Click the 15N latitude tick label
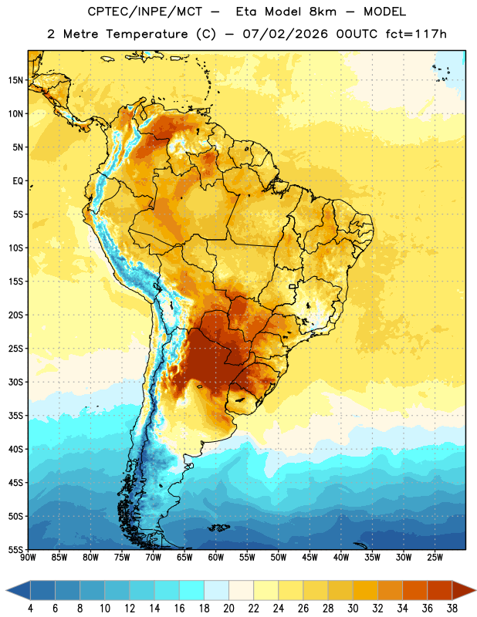coord(15,80)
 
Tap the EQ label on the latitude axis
coord(18,181)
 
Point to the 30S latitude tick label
coord(15,382)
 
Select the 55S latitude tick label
coord(15,549)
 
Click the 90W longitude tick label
coord(28,558)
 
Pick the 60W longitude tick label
coord(216,558)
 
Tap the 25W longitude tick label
coord(435,558)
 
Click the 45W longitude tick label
coord(310,558)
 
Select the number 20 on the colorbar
coord(228,609)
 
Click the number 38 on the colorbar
coord(452,609)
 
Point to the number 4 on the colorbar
coord(30,609)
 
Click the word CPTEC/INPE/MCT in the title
coord(144,12)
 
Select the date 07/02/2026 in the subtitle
coord(285,34)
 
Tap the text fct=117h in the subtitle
coord(416,34)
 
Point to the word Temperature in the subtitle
coord(147,34)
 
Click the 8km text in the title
coord(323,12)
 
